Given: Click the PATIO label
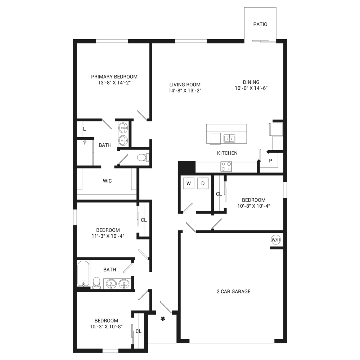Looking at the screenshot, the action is (x=260, y=24).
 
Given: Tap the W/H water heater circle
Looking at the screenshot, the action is (x=276, y=240).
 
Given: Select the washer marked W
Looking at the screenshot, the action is (x=189, y=183).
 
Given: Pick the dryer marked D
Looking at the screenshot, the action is (x=203, y=183).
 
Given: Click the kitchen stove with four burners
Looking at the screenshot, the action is (x=226, y=166).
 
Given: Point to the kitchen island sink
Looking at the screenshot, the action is (x=229, y=139).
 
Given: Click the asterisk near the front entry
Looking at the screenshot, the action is (x=163, y=319).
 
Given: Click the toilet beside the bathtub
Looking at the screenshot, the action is (x=96, y=283).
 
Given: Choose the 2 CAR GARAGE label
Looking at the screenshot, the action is (x=234, y=292).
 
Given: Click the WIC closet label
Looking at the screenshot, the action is (x=107, y=181).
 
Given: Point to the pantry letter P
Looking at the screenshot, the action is (x=271, y=161).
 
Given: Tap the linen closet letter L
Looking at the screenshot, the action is (x=84, y=129).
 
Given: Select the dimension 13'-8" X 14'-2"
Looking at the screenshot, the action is (x=114, y=83).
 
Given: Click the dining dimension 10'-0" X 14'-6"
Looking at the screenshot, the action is (x=251, y=88).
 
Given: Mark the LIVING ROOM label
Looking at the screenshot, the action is (x=185, y=85).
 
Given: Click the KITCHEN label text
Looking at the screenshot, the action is (x=227, y=153).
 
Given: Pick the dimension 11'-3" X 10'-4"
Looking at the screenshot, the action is (x=108, y=236).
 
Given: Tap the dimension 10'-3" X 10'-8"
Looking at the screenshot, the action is (x=106, y=327).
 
